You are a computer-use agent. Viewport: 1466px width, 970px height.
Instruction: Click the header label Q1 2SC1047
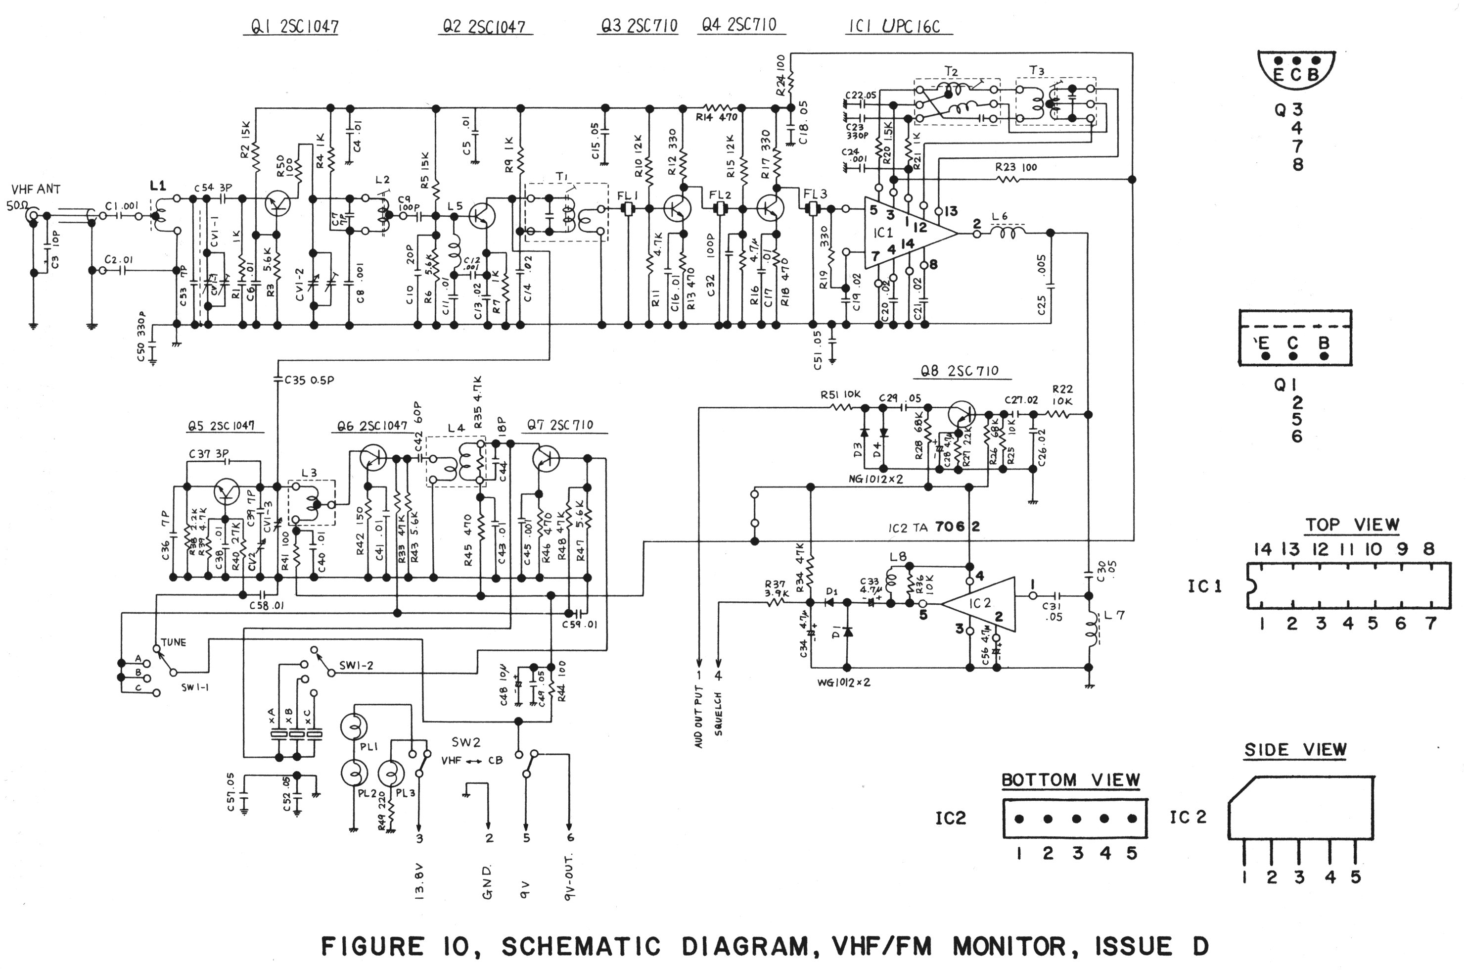[294, 27]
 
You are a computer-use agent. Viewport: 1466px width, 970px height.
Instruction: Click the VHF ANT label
[36, 189]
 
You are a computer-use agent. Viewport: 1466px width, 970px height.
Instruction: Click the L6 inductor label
[999, 217]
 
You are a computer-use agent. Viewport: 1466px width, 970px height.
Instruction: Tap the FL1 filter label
[628, 195]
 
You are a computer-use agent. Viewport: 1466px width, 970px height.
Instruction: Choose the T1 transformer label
[561, 177]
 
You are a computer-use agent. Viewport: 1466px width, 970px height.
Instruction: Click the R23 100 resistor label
[1016, 167]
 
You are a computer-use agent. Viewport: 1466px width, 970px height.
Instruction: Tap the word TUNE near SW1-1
[173, 642]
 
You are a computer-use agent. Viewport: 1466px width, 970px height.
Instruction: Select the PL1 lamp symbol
[354, 726]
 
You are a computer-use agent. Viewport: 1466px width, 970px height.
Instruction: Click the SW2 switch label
[465, 742]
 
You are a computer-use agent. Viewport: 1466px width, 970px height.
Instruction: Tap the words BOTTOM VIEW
[1070, 779]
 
